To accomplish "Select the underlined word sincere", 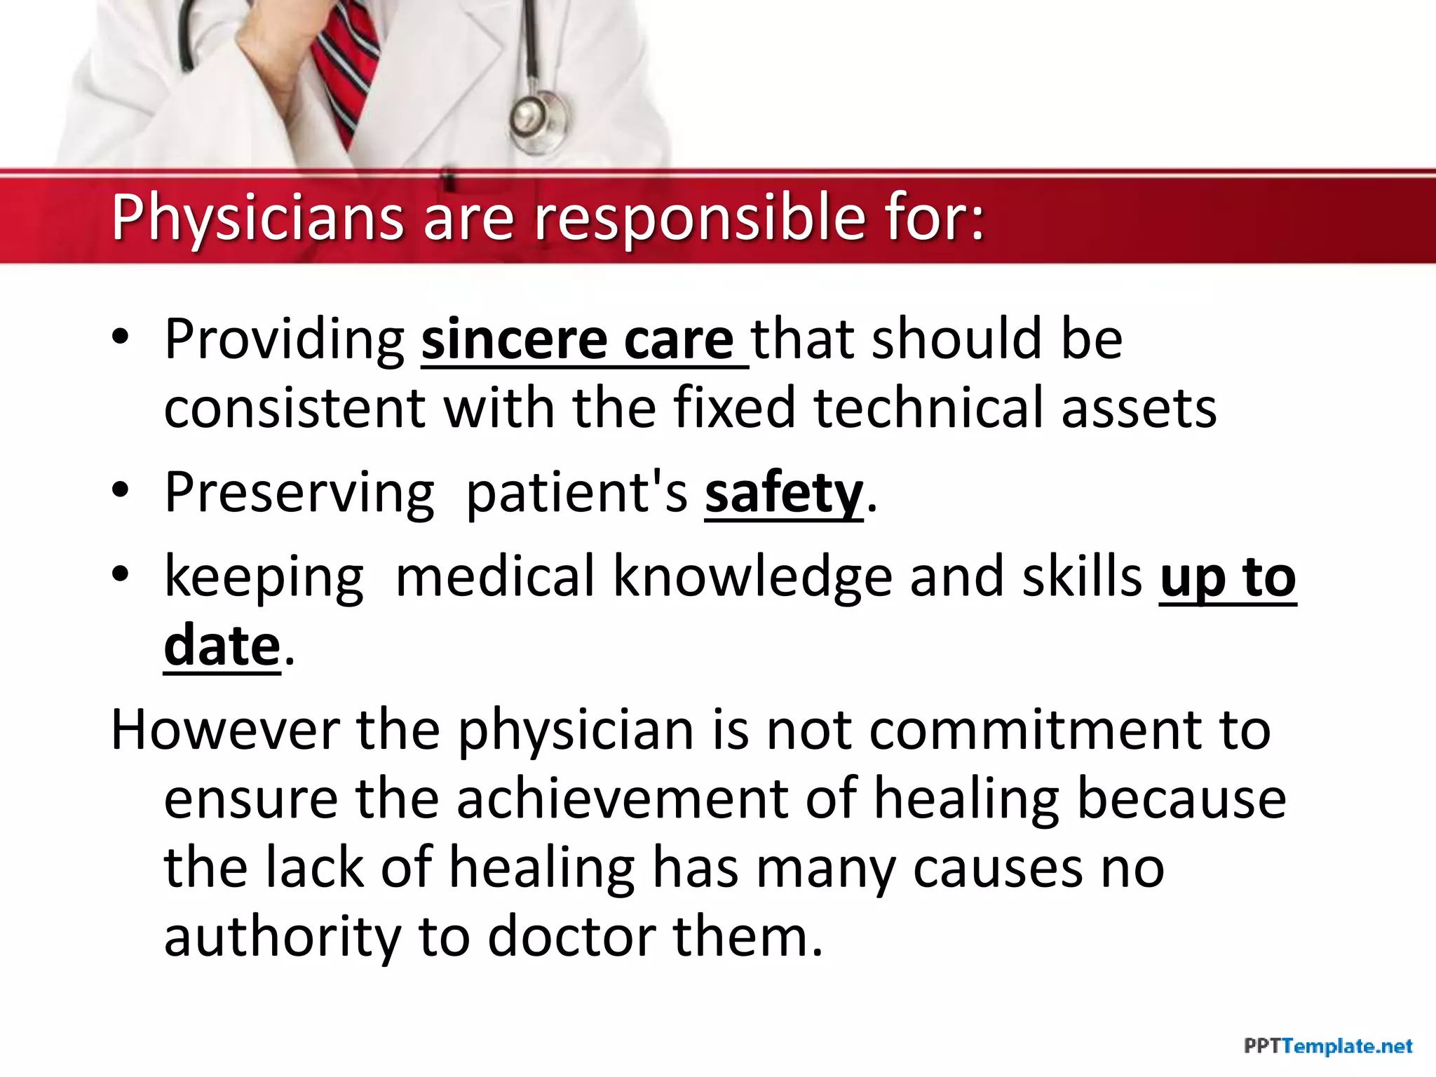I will click(514, 341).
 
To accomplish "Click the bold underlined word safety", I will click(783, 494).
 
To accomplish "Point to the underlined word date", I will click(222, 646).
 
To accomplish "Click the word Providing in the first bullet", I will click(284, 341).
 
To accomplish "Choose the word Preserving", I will click(299, 494).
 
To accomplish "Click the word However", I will click(224, 731).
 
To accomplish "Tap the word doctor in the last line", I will click(571, 937).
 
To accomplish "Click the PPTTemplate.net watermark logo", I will click(1327, 1047).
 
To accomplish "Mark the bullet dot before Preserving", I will click(121, 491).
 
